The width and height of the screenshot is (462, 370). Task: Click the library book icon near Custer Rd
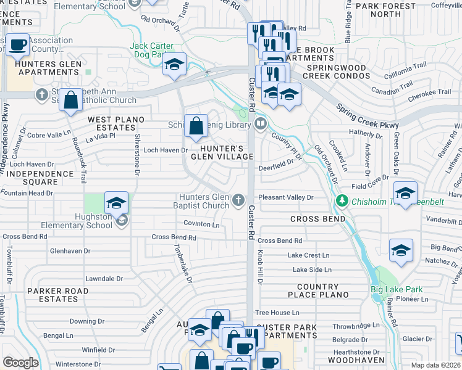pyautogui.click(x=261, y=124)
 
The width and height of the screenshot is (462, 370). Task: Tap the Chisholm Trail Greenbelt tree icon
pyautogui.click(x=342, y=201)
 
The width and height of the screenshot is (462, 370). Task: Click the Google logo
pyautogui.click(x=20, y=363)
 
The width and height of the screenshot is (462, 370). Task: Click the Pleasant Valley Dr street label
pyautogui.click(x=286, y=197)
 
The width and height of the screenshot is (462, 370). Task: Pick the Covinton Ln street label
pyautogui.click(x=201, y=224)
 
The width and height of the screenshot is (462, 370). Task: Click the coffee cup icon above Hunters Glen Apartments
pyautogui.click(x=19, y=44)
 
